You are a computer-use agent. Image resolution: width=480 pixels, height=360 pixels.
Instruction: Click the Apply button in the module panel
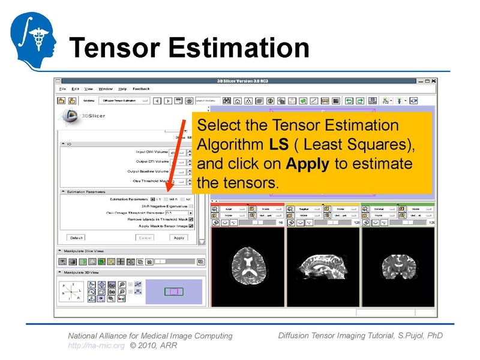(179, 238)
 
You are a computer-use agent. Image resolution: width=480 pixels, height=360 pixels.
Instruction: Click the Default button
(76, 238)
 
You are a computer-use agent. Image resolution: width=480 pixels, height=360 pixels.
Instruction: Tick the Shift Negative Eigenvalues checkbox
(191, 206)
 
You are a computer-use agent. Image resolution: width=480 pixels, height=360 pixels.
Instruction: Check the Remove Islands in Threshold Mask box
(191, 220)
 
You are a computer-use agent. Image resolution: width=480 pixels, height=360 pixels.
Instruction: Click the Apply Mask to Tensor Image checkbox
(191, 226)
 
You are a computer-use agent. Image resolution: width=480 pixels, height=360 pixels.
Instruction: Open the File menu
(62, 89)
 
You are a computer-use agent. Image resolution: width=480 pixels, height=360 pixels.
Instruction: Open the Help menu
(122, 89)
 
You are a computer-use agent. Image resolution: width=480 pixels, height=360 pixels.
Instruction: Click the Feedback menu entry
(141, 89)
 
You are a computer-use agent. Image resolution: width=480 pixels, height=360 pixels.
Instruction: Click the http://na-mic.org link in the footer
(96, 346)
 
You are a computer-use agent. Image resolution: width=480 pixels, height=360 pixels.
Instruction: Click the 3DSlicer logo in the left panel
(78, 116)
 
